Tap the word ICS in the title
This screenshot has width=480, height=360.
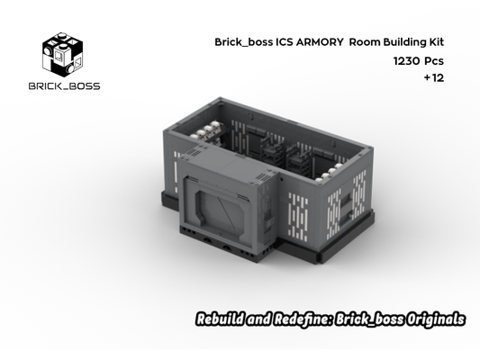[274, 42]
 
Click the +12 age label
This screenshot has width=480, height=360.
[433, 78]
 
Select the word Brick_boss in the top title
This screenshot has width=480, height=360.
[237, 42]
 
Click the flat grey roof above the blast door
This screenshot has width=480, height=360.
[225, 162]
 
